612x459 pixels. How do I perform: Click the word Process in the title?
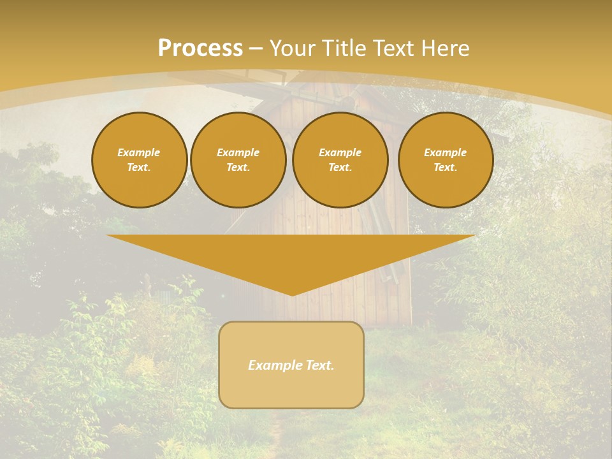click(200, 48)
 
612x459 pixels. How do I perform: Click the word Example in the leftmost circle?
click(139, 152)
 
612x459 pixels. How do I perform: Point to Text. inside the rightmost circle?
click(445, 168)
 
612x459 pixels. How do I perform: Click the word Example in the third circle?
click(340, 152)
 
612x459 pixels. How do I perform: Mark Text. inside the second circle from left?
click(238, 168)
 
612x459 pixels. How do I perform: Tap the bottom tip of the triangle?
click(291, 293)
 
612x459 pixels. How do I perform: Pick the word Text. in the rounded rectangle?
click(319, 365)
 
